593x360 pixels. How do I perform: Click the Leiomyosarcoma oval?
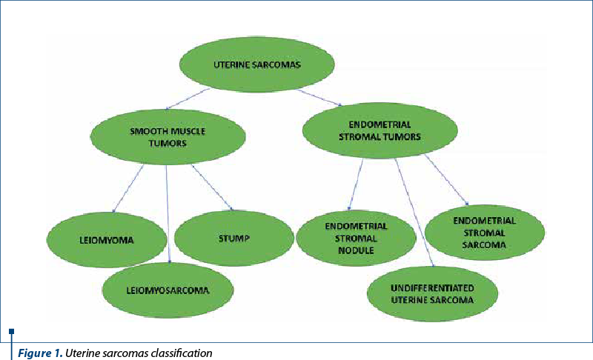point(168,290)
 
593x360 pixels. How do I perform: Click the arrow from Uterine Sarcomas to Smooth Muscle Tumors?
point(188,101)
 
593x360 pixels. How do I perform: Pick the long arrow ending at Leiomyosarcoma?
point(168,215)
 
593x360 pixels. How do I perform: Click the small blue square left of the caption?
point(11,331)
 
